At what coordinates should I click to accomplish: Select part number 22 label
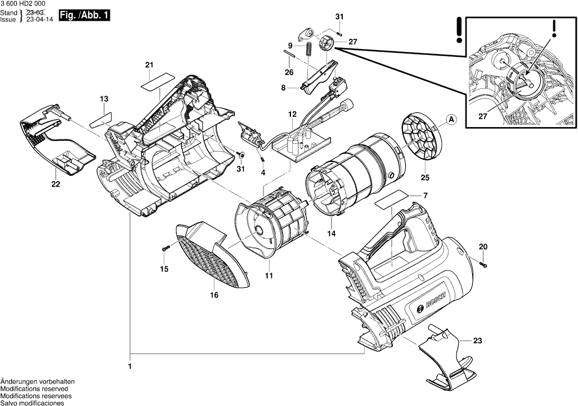pyautogui.click(x=55, y=184)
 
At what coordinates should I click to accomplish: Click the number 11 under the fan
pyautogui.click(x=269, y=276)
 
